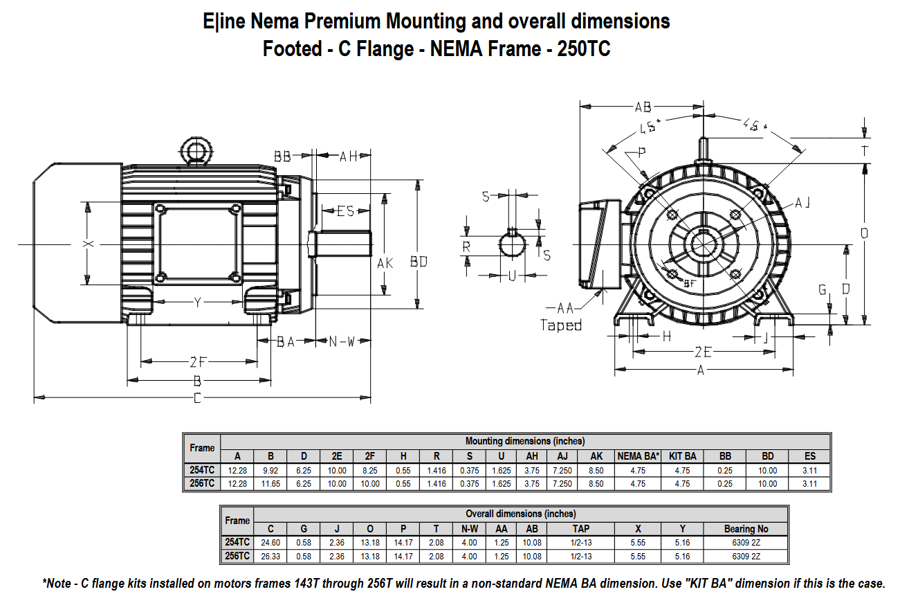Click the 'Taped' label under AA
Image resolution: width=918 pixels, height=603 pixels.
pos(560,325)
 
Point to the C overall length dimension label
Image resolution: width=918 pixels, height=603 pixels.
pos(198,398)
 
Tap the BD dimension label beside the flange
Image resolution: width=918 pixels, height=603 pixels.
pos(419,262)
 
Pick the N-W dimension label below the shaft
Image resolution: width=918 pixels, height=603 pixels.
pos(341,341)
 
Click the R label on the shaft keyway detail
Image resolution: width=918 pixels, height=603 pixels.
pos(467,246)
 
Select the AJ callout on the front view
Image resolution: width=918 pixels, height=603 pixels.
pos(802,202)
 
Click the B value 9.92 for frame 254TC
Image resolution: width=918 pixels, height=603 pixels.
pos(270,470)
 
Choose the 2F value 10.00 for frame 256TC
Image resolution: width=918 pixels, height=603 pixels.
pos(370,483)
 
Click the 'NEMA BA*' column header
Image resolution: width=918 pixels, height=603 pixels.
pos(638,456)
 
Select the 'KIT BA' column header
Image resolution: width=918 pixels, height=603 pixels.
pos(683,456)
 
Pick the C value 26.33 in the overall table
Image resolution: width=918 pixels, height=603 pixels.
pos(270,556)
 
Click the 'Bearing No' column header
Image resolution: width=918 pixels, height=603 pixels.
pos(746,529)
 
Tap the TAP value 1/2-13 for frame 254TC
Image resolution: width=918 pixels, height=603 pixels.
pos(581,543)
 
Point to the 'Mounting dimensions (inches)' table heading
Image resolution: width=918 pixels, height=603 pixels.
pos(524,441)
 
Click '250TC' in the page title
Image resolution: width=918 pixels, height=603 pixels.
pos(583,49)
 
